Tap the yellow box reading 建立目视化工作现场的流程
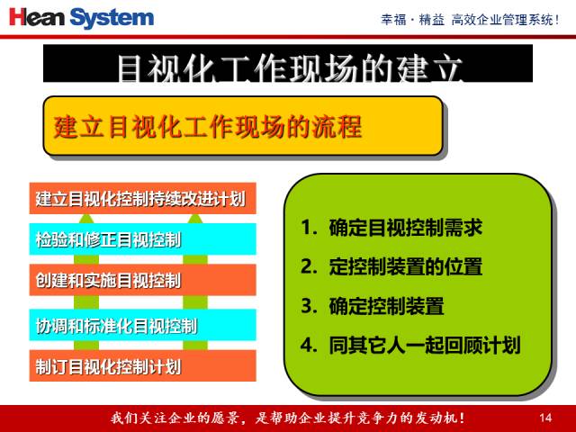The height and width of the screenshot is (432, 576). (243, 127)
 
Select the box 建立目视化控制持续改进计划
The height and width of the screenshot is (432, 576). (142, 197)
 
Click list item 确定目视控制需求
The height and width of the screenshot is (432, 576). (405, 228)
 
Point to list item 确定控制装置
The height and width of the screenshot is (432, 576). (386, 306)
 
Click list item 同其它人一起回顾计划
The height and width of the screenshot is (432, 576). (424, 345)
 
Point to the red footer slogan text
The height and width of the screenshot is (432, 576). (288, 418)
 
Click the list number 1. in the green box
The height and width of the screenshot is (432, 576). (309, 228)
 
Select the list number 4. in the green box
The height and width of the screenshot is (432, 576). (309, 345)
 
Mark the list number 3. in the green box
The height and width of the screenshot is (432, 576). (309, 306)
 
